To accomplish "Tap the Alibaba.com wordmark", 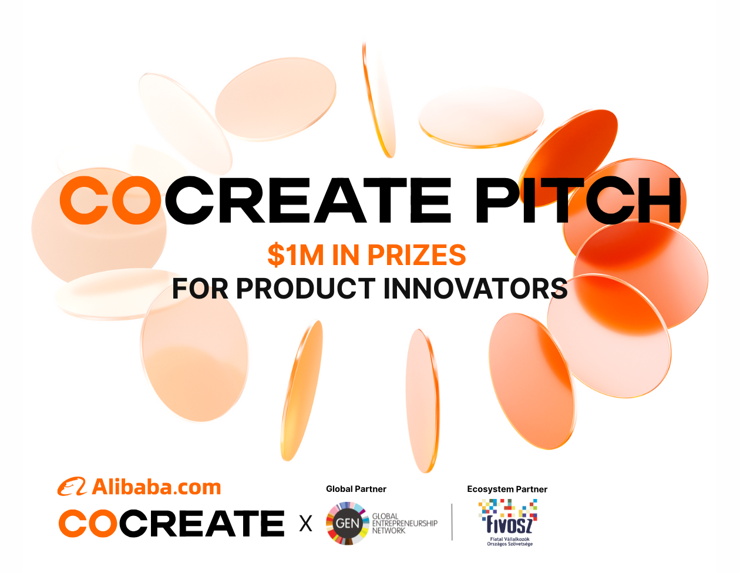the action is [156, 487].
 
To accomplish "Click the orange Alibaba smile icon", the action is [72, 487].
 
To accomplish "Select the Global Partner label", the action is [356, 489].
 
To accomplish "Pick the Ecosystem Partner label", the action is [507, 489].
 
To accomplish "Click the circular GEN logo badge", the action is [347, 523].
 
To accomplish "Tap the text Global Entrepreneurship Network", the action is [405, 523].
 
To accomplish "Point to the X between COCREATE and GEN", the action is [305, 524].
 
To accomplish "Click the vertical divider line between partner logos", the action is [452, 522].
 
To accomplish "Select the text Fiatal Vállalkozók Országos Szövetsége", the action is [510, 542].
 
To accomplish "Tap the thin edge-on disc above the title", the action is [379, 99].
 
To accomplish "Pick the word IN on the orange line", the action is [345, 255].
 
